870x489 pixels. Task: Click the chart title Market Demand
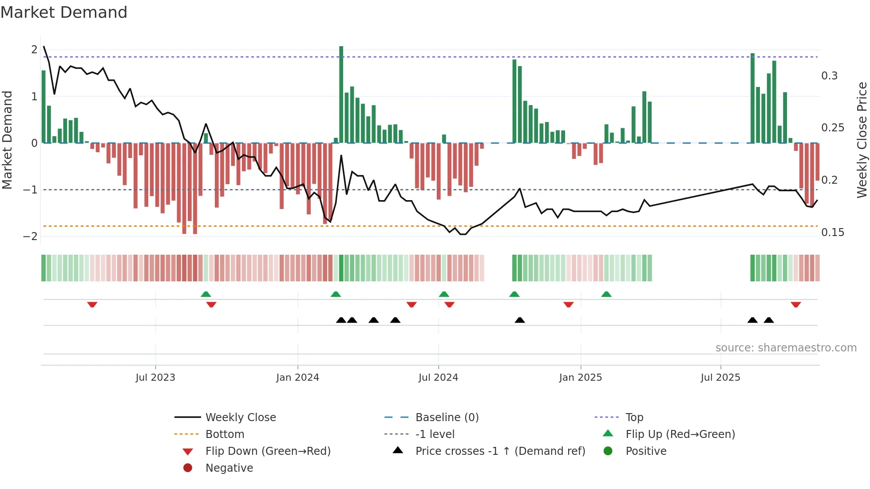64,12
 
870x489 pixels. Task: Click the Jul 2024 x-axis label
438,378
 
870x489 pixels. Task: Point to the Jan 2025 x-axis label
580,378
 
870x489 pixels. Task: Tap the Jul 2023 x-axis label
155,378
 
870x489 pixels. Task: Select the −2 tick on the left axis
30,237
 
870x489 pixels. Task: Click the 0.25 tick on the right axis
832,128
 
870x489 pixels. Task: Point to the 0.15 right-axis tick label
832,233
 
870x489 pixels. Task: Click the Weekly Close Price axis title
862,140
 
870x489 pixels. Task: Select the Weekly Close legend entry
240,418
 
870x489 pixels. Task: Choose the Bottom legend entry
225,434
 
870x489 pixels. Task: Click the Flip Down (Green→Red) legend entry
268,451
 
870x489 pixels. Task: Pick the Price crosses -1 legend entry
500,451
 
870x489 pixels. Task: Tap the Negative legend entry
229,468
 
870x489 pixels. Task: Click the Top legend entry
634,418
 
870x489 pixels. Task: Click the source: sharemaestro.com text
786,348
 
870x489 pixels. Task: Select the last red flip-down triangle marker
795,304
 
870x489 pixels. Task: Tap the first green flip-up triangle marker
206,294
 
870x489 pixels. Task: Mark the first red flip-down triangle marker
92,304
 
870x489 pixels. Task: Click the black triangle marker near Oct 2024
519,320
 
